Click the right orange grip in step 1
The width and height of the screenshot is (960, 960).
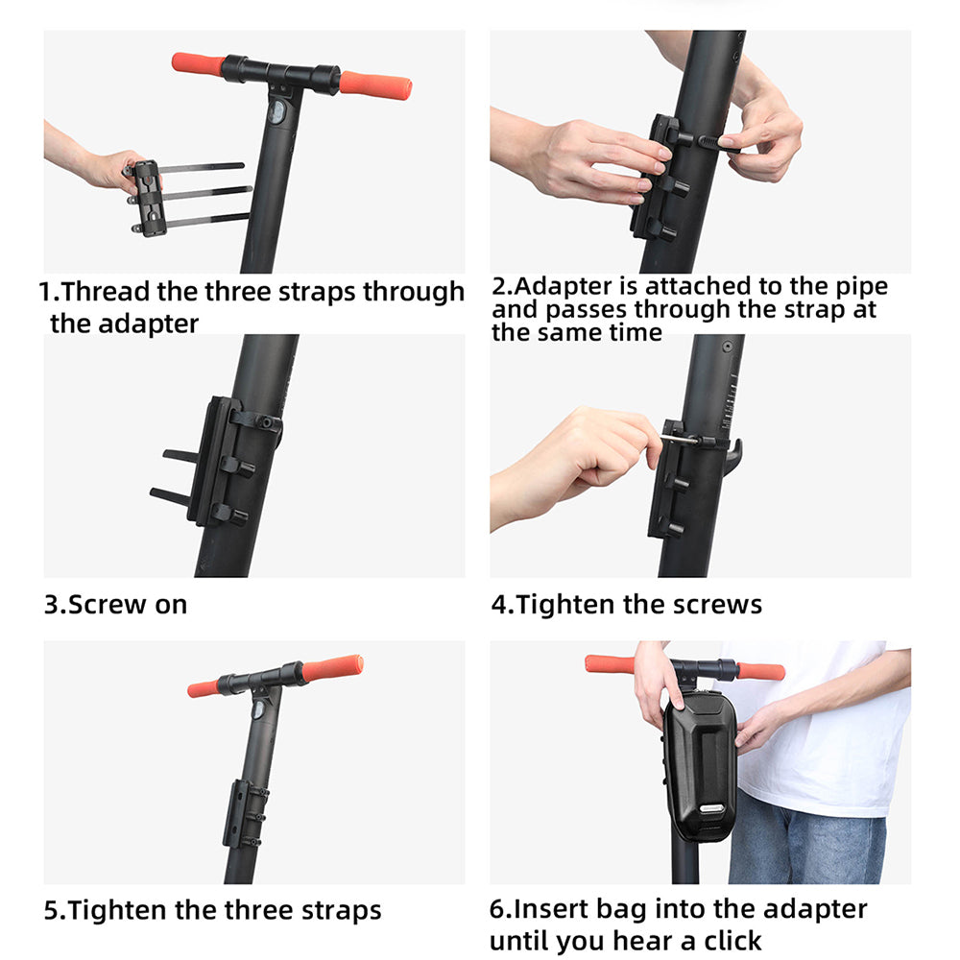(375, 85)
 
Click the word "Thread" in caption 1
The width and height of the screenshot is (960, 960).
(105, 292)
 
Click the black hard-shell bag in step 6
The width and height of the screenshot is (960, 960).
(701, 765)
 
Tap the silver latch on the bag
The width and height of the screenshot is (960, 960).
(712, 808)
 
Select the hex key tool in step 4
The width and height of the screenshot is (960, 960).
(680, 439)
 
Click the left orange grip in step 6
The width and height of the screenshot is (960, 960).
(609, 664)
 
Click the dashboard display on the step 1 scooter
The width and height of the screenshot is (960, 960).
(276, 113)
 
